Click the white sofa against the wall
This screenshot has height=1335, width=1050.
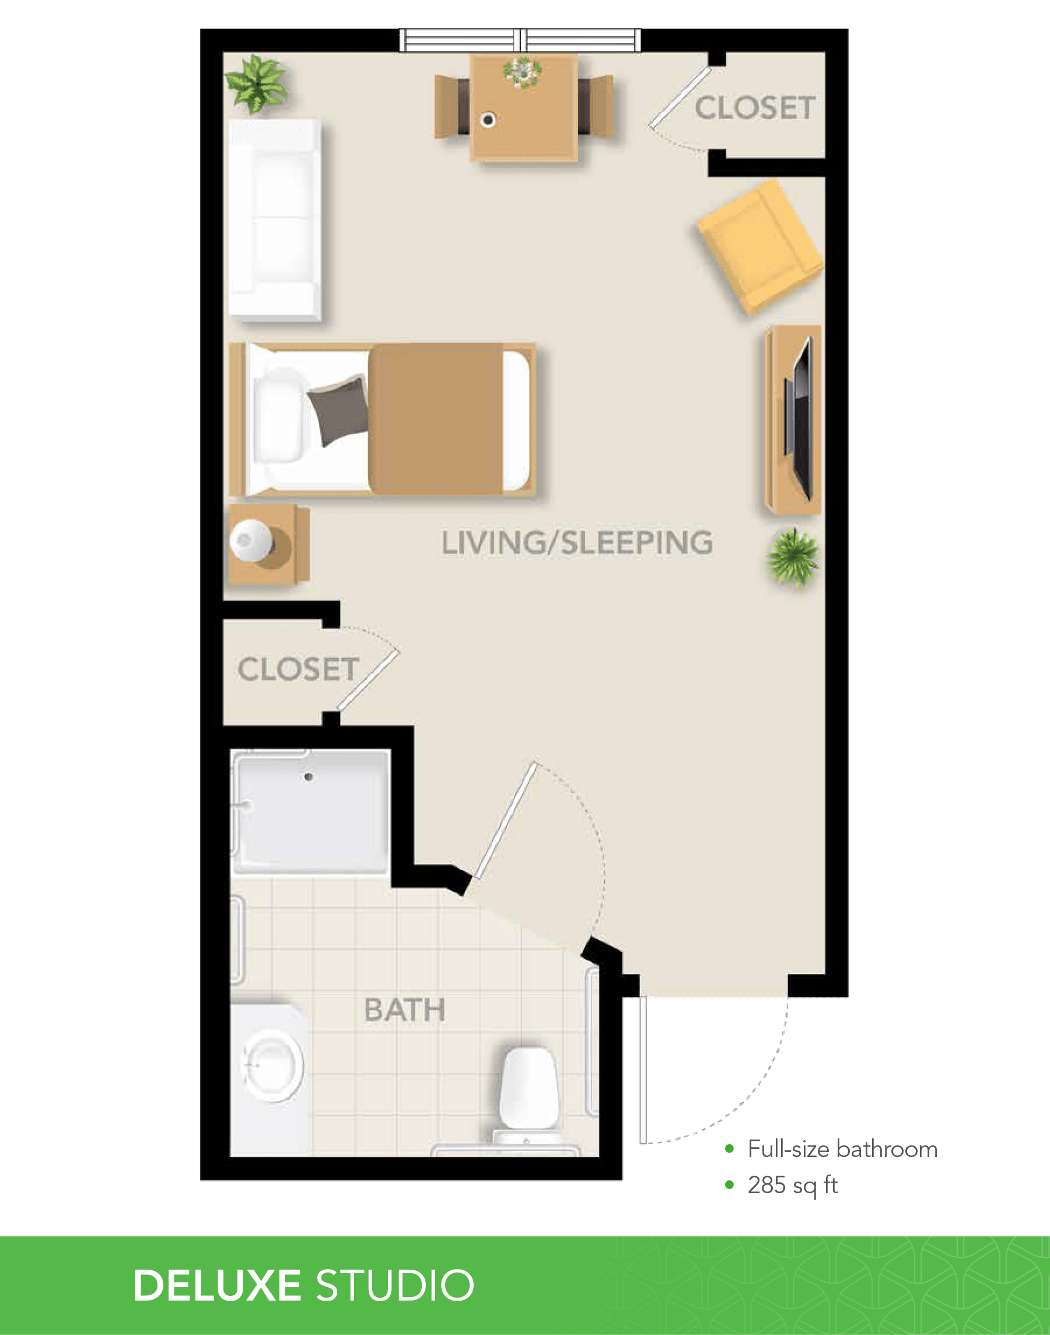(275, 219)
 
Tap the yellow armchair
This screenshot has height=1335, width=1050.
(761, 246)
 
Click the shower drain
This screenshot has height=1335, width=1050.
(309, 777)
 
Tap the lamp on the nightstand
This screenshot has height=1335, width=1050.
(251, 540)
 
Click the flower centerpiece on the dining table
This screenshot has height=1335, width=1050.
(523, 72)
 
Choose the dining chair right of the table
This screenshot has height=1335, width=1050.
(595, 106)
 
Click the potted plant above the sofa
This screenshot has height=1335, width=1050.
(256, 83)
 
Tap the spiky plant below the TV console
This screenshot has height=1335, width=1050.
(792, 555)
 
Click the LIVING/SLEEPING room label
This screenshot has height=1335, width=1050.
(577, 543)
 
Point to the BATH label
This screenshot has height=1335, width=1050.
(404, 1009)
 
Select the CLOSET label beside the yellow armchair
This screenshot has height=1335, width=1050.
(755, 107)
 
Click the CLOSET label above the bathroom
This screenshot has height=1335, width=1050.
(299, 669)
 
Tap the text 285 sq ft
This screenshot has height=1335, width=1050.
(792, 1185)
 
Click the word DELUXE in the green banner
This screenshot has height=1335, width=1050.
(217, 1285)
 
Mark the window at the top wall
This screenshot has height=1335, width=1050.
(520, 40)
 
